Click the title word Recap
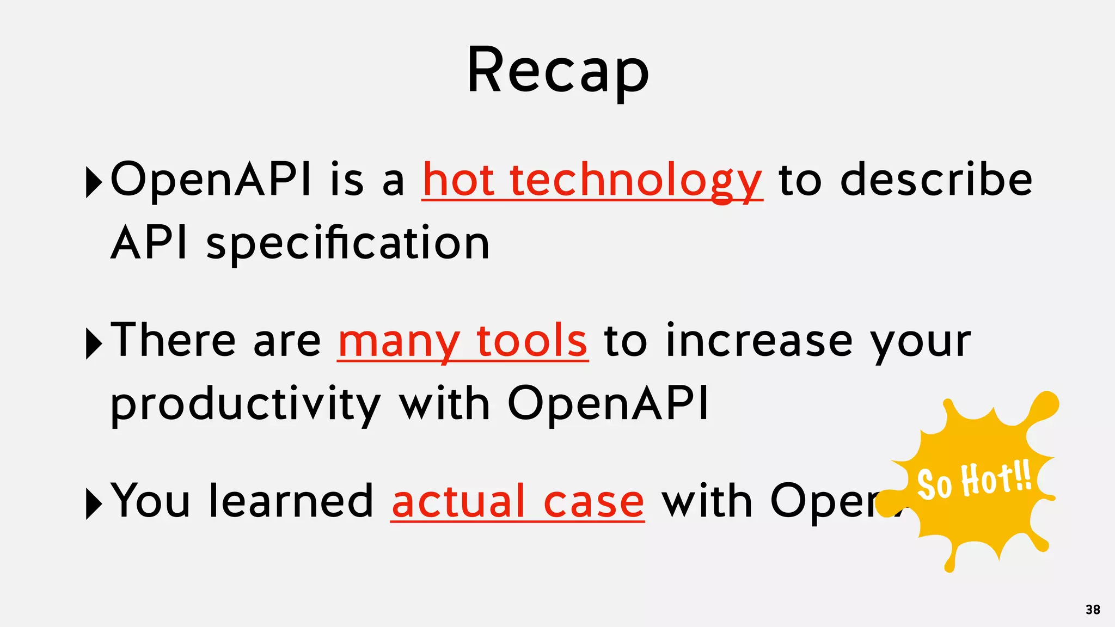(x=557, y=71)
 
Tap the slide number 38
(x=1092, y=610)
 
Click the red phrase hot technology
(x=592, y=181)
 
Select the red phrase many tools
(x=462, y=341)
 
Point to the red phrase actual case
(x=517, y=501)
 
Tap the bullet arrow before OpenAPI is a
(x=94, y=182)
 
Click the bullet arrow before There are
(x=94, y=343)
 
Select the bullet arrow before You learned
(x=94, y=503)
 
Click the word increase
(x=759, y=341)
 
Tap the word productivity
(x=245, y=405)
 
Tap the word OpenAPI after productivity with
(x=608, y=404)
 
